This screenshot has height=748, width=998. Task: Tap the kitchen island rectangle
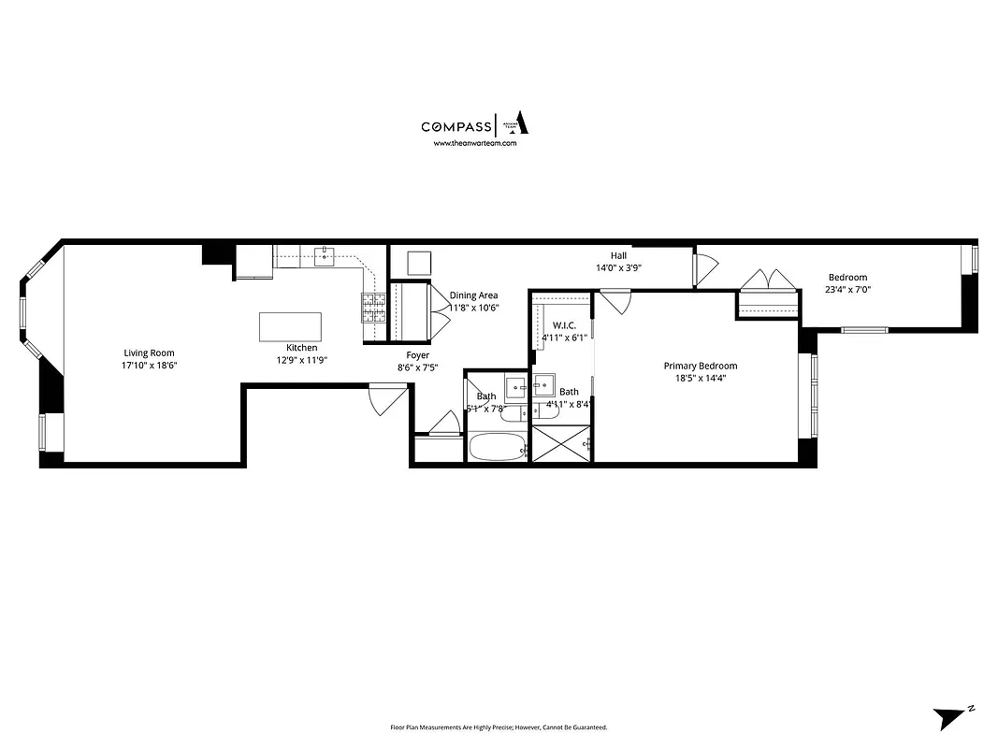pyautogui.click(x=290, y=327)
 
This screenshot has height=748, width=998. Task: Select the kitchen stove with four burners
pyautogui.click(x=374, y=308)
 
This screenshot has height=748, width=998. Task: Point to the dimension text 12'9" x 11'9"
pyautogui.click(x=301, y=360)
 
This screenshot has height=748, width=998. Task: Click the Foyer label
pyautogui.click(x=417, y=355)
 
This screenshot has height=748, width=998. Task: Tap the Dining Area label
pyautogui.click(x=473, y=295)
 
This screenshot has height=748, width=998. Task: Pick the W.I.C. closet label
pyautogui.click(x=563, y=324)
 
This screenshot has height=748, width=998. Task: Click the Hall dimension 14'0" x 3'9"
pyautogui.click(x=618, y=267)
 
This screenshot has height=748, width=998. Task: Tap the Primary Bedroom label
pyautogui.click(x=701, y=366)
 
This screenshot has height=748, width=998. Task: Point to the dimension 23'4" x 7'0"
pyautogui.click(x=847, y=290)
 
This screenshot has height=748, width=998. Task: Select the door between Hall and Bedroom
pyautogui.click(x=703, y=268)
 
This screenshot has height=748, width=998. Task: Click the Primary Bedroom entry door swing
pyautogui.click(x=615, y=302)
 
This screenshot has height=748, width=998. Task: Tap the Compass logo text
pyautogui.click(x=456, y=127)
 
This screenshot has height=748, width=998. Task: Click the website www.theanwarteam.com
pyautogui.click(x=475, y=144)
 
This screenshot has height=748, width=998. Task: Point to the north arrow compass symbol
pyautogui.click(x=952, y=717)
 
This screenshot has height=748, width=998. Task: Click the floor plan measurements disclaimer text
pyautogui.click(x=499, y=727)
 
